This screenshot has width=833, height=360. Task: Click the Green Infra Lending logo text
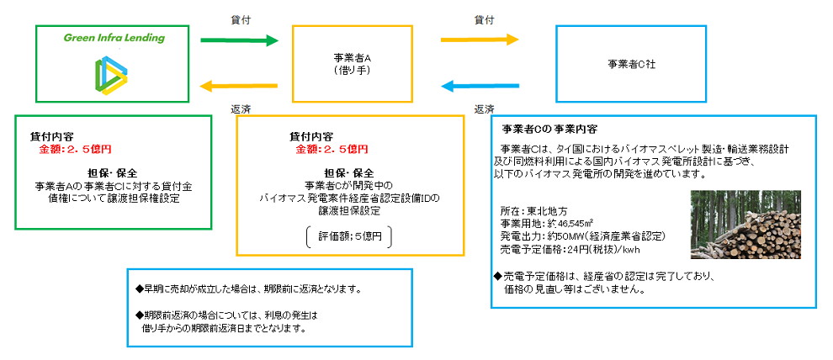[114, 38]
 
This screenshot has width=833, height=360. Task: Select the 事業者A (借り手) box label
[353, 65]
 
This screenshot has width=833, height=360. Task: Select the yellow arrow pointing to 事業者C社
[479, 39]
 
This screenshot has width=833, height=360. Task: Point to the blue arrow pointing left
[479, 85]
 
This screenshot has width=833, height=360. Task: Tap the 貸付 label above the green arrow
[240, 18]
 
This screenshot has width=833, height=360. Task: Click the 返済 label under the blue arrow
[484, 109]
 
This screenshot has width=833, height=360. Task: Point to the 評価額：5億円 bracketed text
[349, 237]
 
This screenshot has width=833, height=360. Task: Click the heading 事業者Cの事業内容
[549, 130]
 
